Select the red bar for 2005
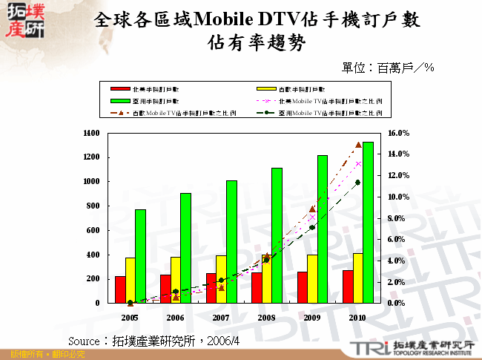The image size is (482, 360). [120, 289]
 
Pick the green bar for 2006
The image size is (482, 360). [185, 248]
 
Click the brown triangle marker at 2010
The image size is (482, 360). [358, 145]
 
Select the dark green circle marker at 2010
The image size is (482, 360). [358, 182]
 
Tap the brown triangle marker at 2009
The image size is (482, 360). [312, 209]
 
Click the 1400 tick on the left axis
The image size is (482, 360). [90, 134]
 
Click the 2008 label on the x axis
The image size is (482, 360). [266, 317]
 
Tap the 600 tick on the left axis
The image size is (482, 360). [93, 230]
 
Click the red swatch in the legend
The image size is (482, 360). [120, 88]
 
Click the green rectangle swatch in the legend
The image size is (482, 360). [120, 100]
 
